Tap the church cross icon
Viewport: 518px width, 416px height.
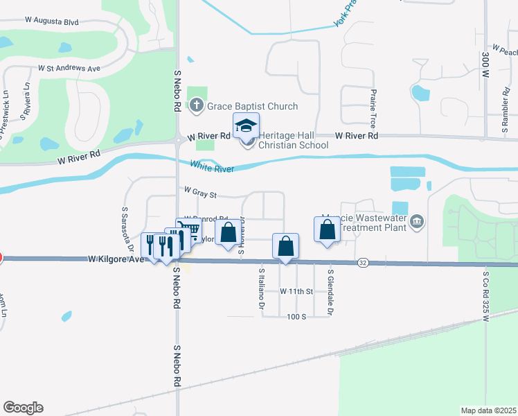pos(197,106)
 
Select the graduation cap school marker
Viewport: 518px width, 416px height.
pos(245,126)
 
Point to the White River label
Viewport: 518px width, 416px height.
pos(212,166)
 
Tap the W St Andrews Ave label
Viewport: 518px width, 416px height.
pos(69,69)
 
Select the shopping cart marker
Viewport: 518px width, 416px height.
pos(189,229)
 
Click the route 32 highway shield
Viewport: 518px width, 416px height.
pos(362,263)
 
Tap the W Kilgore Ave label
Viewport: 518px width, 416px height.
pos(116,259)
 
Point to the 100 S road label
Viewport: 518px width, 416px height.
pos(296,316)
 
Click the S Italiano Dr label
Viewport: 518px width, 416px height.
pos(262,289)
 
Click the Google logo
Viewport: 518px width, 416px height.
pos(23,408)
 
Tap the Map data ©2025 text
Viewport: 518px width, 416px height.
pos(488,410)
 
